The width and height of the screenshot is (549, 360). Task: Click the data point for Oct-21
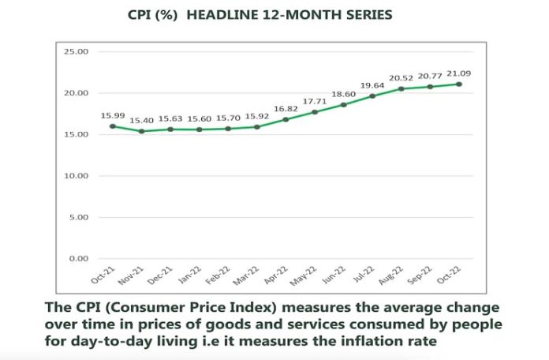tap(113, 126)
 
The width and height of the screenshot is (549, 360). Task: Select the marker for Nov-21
tap(141, 131)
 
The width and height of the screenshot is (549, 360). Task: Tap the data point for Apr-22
tap(286, 119)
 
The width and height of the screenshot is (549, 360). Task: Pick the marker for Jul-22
tap(372, 96)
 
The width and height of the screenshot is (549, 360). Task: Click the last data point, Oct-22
tap(459, 84)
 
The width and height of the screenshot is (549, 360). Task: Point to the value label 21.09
tap(458, 73)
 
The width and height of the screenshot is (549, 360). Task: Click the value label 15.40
tap(141, 121)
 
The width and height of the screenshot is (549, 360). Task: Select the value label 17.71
tap(315, 101)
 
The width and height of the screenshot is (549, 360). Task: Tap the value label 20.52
tap(401, 78)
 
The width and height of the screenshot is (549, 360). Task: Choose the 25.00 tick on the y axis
tap(76, 51)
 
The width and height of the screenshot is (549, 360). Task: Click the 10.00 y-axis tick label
tap(76, 175)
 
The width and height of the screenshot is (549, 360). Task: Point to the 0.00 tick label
tap(79, 259)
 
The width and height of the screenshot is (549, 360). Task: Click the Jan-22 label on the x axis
tap(190, 276)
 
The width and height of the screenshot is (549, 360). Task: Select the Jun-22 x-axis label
tap(334, 276)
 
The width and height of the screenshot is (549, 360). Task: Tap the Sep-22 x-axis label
tap(420, 276)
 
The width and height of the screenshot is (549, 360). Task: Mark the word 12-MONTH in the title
tap(298, 15)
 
